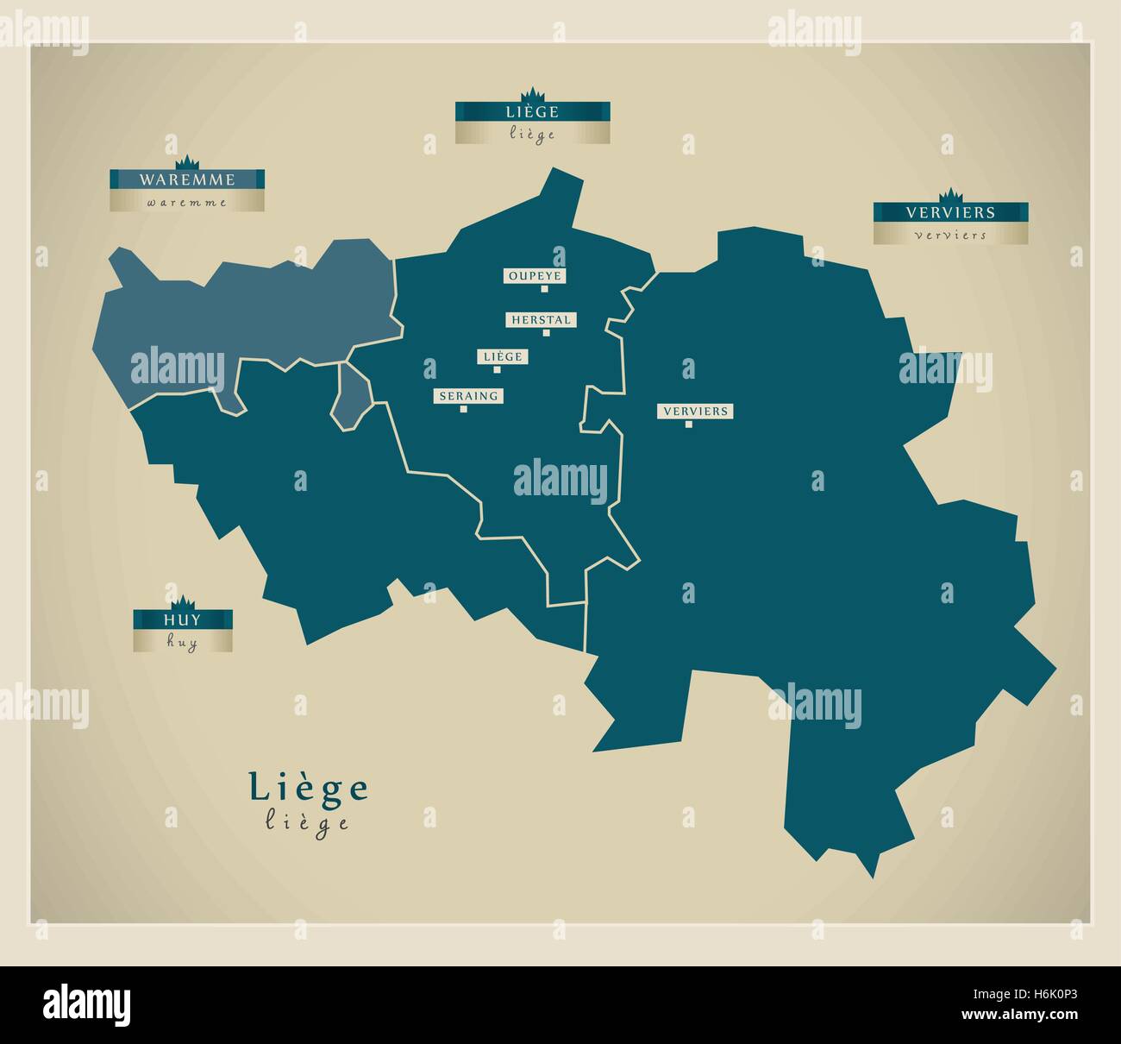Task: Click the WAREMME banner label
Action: (x=186, y=179)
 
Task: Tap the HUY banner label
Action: (x=182, y=619)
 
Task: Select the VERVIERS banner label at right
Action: (x=950, y=211)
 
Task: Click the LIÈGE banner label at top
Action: (x=532, y=111)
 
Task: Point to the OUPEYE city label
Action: (x=535, y=276)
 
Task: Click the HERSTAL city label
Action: (x=541, y=319)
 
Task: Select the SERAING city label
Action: (x=468, y=396)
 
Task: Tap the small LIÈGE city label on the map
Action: (x=504, y=356)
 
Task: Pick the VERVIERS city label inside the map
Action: (x=695, y=411)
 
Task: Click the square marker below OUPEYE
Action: (x=544, y=289)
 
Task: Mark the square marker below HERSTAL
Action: (x=546, y=332)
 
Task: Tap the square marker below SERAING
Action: (x=464, y=409)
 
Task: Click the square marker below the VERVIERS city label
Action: (x=688, y=424)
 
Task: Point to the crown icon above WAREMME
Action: (x=187, y=163)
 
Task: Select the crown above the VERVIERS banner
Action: (x=950, y=195)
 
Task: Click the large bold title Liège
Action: (x=309, y=787)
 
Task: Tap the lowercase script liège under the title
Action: (x=308, y=822)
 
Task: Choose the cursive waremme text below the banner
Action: (x=186, y=203)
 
